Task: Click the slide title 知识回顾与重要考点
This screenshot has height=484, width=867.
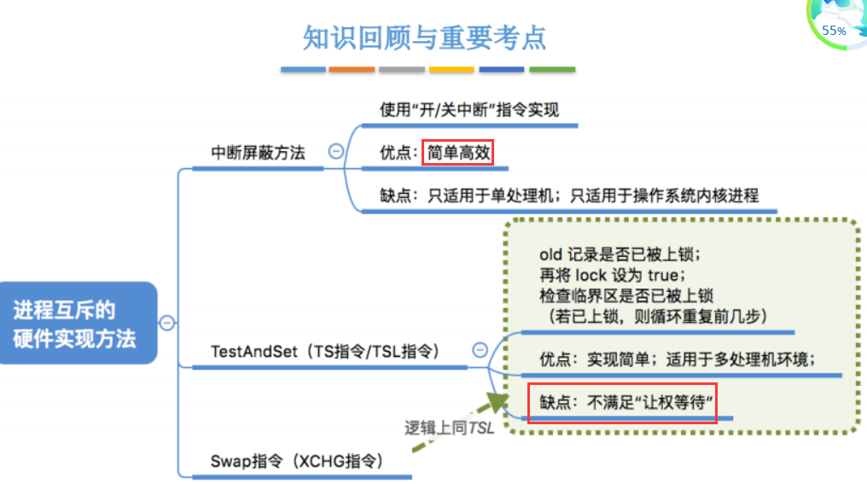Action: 424,38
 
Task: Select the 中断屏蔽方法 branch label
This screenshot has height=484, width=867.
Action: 258,153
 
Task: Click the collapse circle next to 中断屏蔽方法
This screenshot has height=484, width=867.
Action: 336,151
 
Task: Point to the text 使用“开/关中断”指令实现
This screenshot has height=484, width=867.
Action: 469,110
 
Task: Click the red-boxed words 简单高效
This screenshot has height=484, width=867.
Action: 459,153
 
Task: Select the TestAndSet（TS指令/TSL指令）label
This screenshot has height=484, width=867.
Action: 324,351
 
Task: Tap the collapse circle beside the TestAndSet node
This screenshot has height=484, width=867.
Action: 480,349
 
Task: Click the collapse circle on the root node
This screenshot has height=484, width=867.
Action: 168,323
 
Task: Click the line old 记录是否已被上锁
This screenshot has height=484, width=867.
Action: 620,255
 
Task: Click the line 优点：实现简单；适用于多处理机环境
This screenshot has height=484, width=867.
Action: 678,359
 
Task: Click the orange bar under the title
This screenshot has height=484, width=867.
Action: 352,69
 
